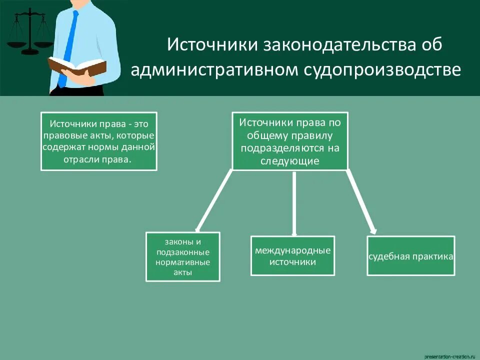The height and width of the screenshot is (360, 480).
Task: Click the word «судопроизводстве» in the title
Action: coord(382,70)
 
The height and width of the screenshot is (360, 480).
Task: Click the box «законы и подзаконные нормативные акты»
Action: coord(182,256)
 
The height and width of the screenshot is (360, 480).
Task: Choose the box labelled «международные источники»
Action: coord(292,255)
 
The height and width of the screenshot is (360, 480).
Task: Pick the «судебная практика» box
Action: coord(411,256)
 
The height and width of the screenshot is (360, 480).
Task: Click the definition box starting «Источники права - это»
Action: coord(98,141)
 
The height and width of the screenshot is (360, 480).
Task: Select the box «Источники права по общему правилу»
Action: coord(290,141)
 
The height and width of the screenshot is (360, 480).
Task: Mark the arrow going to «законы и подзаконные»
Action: coord(213,200)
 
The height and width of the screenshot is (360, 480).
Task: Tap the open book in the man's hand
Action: coord(77,66)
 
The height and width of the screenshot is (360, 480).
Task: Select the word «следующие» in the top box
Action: coord(290,161)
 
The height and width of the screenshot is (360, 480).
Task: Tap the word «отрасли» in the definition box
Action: coord(80,159)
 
